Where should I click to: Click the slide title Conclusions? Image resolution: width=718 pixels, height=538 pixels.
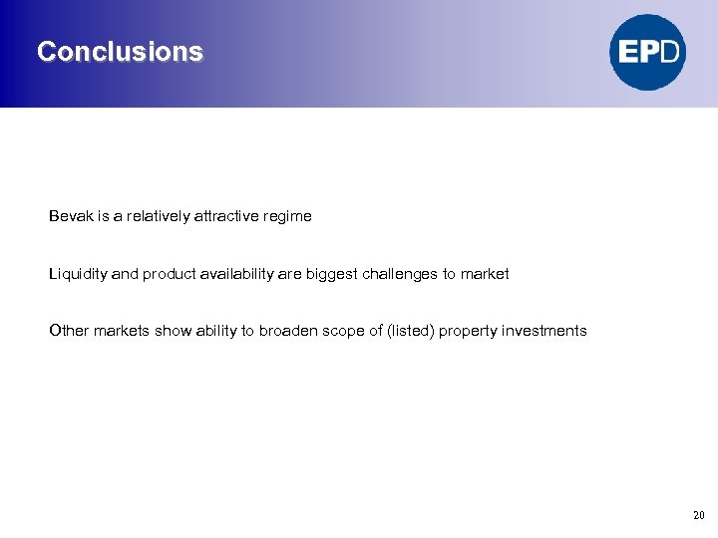120,52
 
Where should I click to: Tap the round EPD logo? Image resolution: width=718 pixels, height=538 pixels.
648,52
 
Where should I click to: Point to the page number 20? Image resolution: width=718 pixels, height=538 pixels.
698,515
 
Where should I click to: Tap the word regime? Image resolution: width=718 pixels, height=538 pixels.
288,216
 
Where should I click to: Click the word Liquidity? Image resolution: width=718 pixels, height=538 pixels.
78,274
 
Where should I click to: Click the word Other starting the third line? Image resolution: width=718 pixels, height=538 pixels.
69,331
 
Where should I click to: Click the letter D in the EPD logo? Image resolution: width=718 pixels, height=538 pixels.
670,52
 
